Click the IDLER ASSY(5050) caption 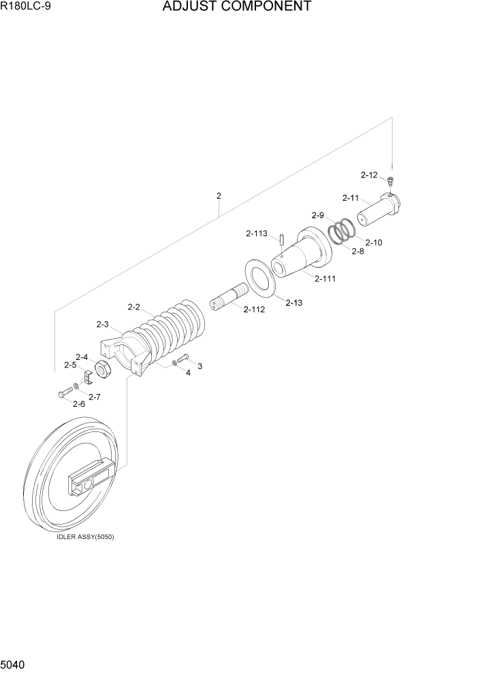tap(86, 536)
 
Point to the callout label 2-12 tap(368, 175)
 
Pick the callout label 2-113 tap(256, 233)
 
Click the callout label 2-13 tap(293, 302)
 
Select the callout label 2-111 tap(324, 278)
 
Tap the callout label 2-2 tap(133, 307)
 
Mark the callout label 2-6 tap(79, 404)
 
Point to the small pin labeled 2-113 tap(281, 240)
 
